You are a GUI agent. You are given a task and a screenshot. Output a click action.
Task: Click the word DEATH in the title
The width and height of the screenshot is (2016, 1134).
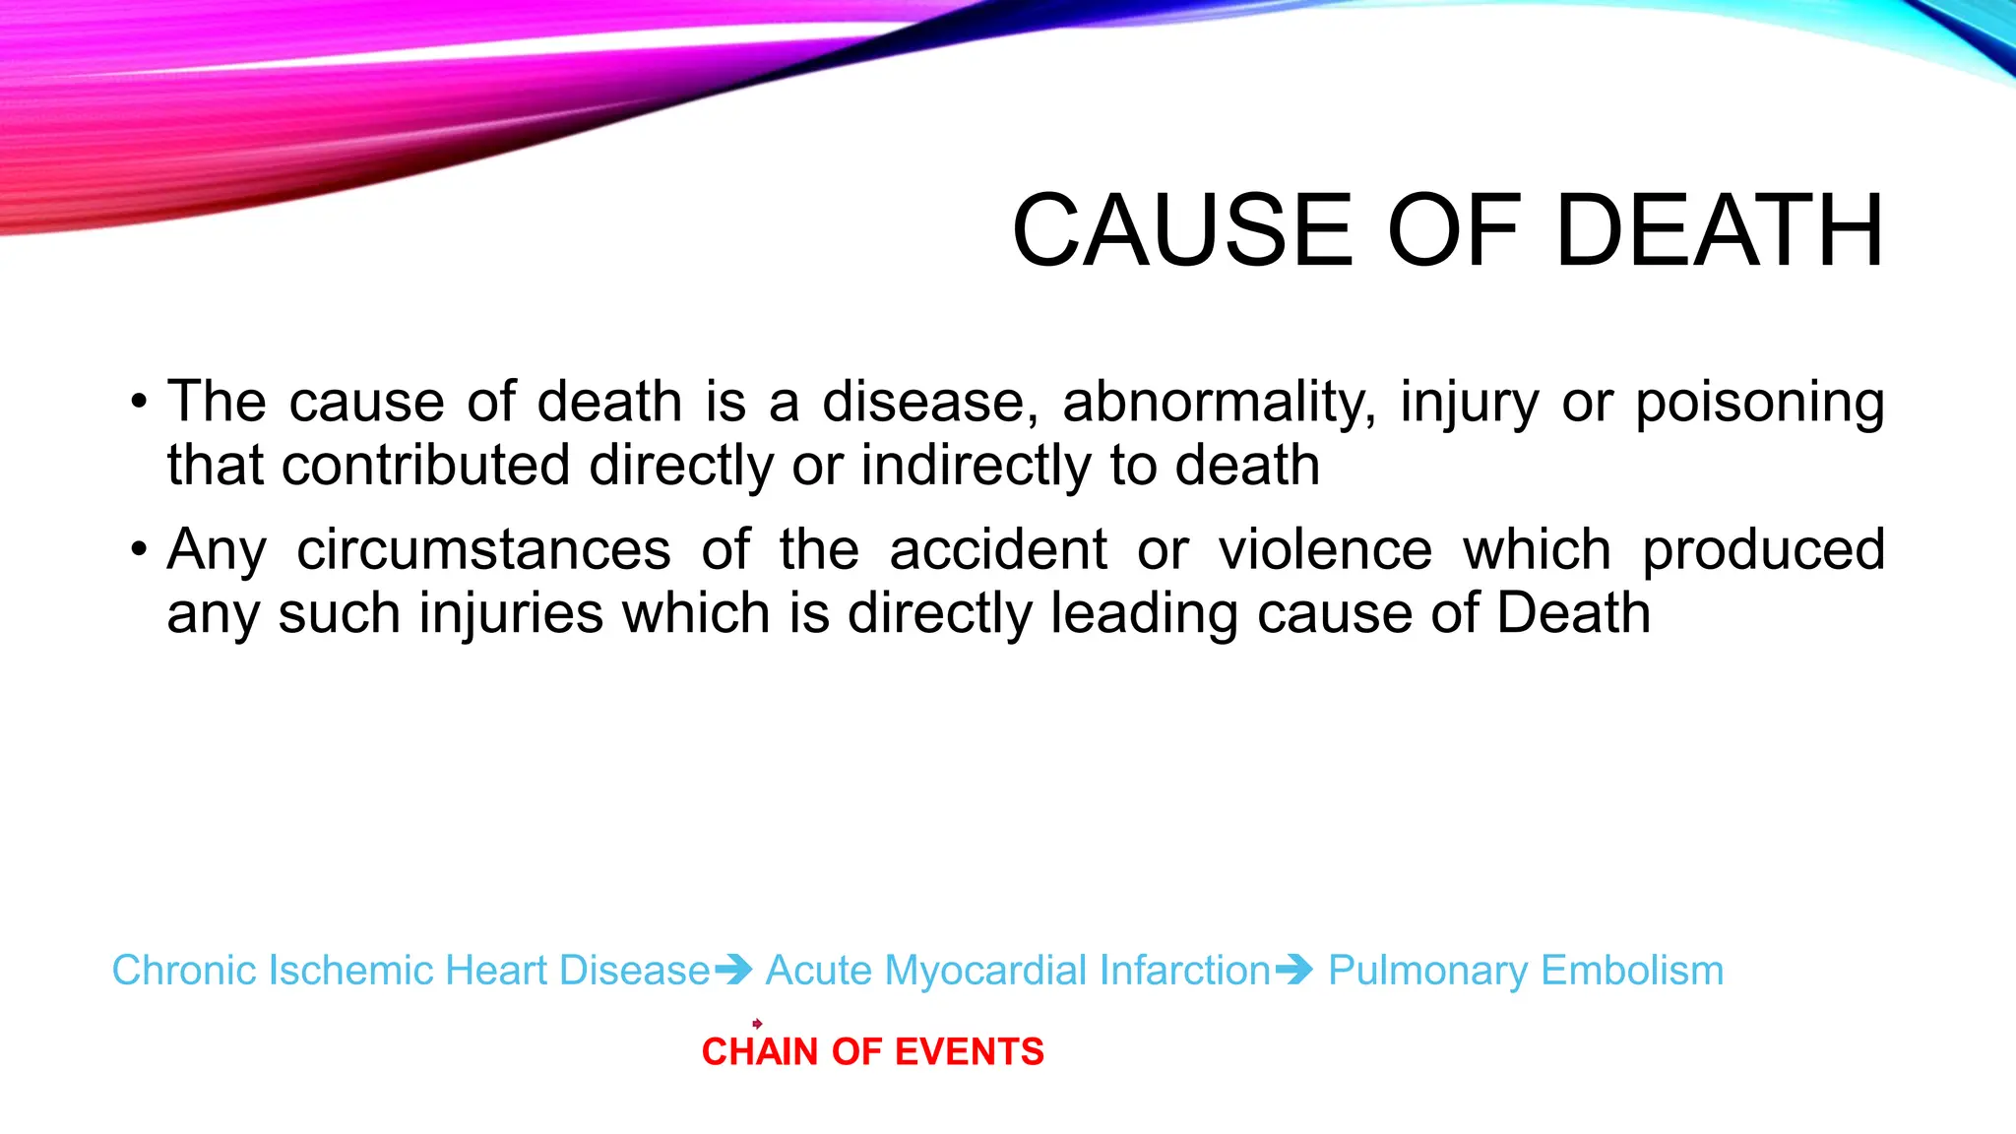[x=1720, y=230]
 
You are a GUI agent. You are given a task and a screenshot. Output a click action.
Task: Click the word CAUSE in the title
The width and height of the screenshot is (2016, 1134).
[x=1183, y=230]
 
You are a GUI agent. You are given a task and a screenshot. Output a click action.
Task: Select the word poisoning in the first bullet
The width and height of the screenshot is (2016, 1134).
[x=1760, y=403]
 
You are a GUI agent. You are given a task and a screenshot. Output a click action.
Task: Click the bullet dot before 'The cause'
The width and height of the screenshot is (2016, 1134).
[x=140, y=403]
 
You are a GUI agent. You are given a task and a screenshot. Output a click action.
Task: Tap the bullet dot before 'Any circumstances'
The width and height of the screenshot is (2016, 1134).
[x=140, y=550]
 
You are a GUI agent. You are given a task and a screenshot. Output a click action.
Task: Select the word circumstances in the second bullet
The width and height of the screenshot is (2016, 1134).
[x=483, y=550]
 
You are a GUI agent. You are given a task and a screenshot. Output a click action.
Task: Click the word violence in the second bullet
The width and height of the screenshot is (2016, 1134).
[x=1325, y=550]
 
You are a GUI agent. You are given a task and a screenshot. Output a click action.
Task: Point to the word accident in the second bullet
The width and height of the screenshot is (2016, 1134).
[x=998, y=550]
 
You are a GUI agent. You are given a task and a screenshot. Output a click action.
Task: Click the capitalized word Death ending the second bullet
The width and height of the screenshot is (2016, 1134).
[x=1573, y=613]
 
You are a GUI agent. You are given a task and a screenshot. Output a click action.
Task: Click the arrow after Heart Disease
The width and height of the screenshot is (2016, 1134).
[x=733, y=971]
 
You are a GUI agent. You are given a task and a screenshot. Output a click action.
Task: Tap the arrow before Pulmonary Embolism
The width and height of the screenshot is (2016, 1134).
[x=1293, y=971]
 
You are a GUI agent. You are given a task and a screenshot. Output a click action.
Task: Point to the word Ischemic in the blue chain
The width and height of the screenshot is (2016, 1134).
[x=350, y=971]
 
